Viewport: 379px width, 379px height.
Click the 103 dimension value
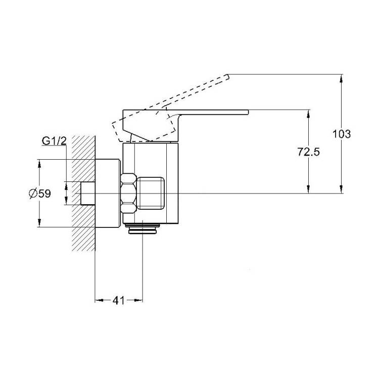point(342,134)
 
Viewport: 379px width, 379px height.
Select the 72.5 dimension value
point(308,152)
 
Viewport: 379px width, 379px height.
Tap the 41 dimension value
point(118,300)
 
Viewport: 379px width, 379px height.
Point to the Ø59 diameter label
point(40,194)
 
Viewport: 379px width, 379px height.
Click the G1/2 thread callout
point(54,141)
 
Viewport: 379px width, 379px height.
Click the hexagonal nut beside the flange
point(128,194)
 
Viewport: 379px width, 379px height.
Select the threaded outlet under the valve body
point(143,228)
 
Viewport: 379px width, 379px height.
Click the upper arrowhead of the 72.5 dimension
point(308,114)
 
